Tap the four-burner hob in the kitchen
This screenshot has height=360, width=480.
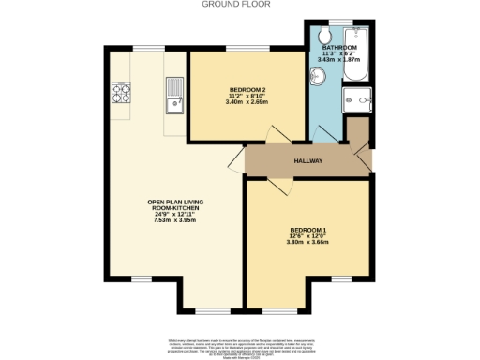tap(121, 92)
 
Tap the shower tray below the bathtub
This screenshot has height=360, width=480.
tap(358, 100)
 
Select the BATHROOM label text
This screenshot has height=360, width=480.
tap(338, 46)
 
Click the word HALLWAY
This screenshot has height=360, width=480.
tap(307, 160)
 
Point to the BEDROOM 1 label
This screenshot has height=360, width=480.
tap(307, 230)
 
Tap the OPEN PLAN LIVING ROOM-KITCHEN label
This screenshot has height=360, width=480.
tap(170, 207)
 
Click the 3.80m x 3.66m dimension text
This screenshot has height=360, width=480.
tap(307, 243)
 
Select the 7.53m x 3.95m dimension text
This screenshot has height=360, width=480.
tap(170, 225)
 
